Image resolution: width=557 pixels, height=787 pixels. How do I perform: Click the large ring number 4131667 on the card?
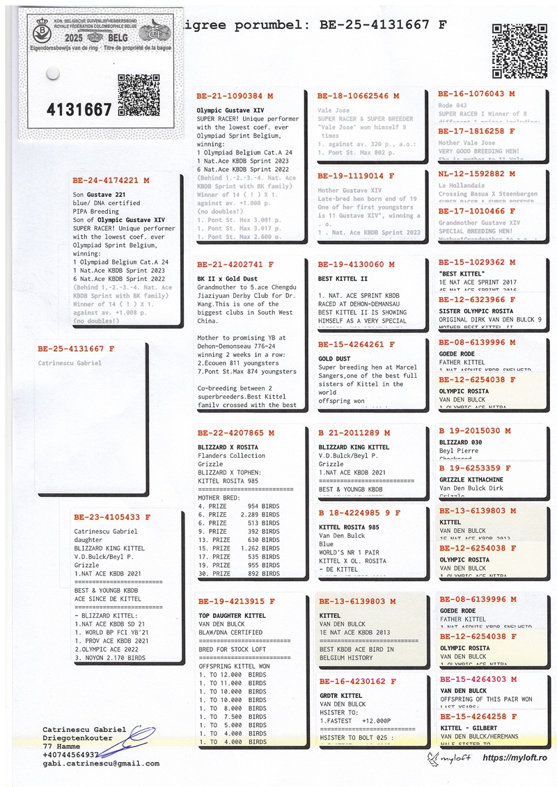pyautogui.click(x=79, y=109)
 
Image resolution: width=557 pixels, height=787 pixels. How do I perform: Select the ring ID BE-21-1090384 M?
pyautogui.click(x=235, y=96)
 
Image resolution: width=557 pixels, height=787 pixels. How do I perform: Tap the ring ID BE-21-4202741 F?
pyautogui.click(x=235, y=265)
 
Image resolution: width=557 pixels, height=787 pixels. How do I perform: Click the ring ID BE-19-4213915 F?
pyautogui.click(x=236, y=601)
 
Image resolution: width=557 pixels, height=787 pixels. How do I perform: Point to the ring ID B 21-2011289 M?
pyautogui.click(x=359, y=433)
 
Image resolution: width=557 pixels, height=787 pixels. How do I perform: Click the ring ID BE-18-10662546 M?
pyautogui.click(x=358, y=96)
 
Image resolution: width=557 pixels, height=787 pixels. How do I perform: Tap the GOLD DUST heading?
pyautogui.click(x=335, y=359)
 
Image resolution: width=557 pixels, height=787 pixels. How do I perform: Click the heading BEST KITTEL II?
pyautogui.click(x=344, y=278)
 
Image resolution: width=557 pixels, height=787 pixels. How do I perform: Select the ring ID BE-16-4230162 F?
pyautogui.click(x=357, y=682)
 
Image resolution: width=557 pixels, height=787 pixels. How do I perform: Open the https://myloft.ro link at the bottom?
pyautogui.click(x=514, y=757)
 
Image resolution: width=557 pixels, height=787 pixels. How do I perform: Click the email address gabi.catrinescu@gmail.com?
pyautogui.click(x=101, y=763)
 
